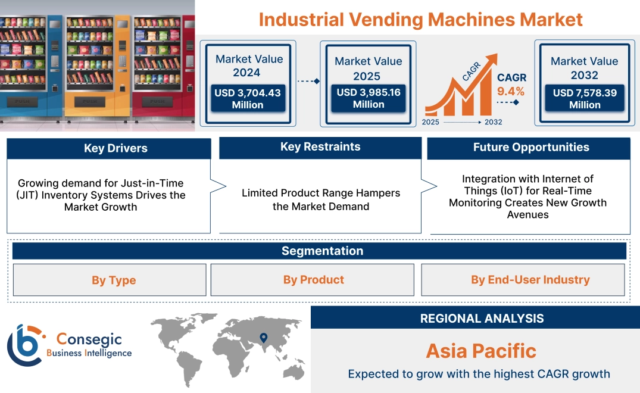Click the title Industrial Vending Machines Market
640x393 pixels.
tap(420, 19)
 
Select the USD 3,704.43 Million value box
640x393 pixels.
tap(247, 98)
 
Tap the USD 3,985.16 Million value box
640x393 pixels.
tap(368, 98)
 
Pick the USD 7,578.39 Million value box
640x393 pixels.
tap(584, 98)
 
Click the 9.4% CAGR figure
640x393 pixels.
tap(511, 91)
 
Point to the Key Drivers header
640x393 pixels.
tap(115, 148)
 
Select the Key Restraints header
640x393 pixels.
tap(320, 147)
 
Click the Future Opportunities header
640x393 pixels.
tap(530, 147)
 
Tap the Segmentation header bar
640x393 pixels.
tap(322, 251)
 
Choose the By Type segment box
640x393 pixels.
tap(114, 280)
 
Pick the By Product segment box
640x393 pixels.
tap(313, 280)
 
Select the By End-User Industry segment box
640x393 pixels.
tap(530, 280)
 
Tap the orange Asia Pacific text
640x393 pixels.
tap(481, 350)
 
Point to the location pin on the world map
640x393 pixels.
tap(263, 338)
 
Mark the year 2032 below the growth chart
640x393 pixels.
tap(493, 122)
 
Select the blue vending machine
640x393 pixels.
tap(30, 65)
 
